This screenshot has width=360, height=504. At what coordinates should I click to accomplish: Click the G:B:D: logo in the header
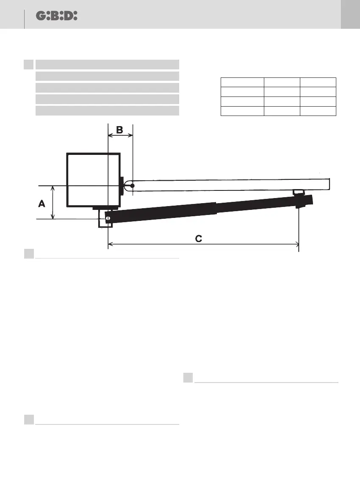click(x=57, y=16)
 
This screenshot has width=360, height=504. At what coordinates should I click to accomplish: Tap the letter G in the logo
click(x=41, y=16)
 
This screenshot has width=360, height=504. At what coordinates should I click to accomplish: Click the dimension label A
click(x=42, y=204)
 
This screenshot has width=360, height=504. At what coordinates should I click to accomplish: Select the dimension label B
click(x=119, y=130)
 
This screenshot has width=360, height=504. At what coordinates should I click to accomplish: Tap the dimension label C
click(x=199, y=239)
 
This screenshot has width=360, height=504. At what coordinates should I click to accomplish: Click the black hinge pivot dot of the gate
click(x=132, y=185)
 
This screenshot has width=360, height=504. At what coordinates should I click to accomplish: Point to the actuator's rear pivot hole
click(x=108, y=219)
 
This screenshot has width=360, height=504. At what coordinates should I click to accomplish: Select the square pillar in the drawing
click(x=93, y=180)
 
